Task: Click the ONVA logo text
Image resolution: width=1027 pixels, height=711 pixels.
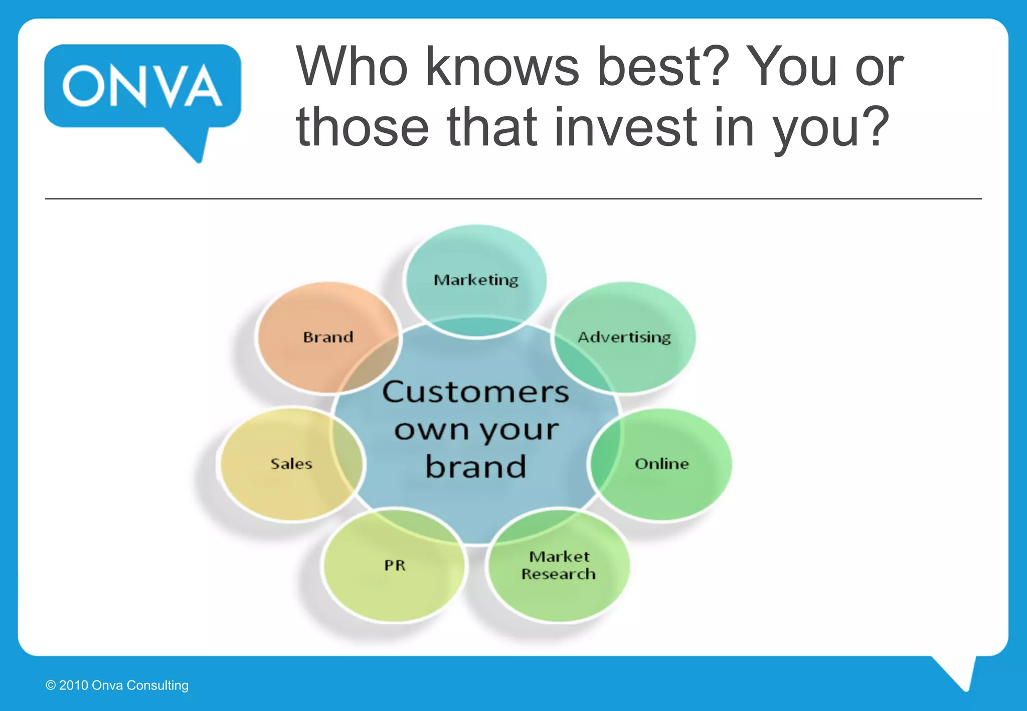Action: click(x=142, y=86)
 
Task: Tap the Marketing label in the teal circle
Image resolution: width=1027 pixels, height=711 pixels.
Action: click(x=476, y=280)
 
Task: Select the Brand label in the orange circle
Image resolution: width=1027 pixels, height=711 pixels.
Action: click(x=328, y=337)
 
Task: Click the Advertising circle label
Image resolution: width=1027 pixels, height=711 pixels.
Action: click(x=624, y=337)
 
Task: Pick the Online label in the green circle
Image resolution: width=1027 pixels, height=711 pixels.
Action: click(x=662, y=464)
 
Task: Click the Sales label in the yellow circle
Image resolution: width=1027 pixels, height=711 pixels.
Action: click(x=291, y=464)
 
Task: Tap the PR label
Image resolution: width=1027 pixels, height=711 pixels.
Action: click(x=395, y=566)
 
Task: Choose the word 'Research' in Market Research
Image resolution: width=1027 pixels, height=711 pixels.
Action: click(x=558, y=574)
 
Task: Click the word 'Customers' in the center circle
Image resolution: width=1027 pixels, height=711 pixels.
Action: click(x=475, y=392)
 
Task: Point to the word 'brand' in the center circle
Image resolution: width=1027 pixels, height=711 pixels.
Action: click(x=475, y=467)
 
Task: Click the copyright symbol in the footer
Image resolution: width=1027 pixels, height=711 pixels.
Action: click(x=51, y=685)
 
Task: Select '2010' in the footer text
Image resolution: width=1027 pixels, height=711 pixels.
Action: click(x=74, y=685)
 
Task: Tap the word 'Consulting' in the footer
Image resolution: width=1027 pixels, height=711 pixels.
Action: click(x=157, y=685)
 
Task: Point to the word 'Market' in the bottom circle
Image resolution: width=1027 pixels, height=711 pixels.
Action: click(x=559, y=557)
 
